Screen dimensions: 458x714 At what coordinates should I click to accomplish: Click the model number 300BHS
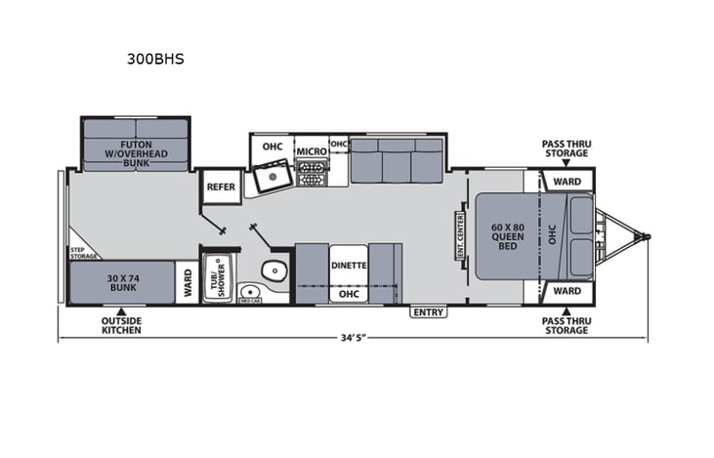tap(155, 59)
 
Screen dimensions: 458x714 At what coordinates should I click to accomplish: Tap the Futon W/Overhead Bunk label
tap(136, 154)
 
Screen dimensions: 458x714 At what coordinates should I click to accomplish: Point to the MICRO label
tap(311, 151)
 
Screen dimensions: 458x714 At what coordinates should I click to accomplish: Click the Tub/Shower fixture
tap(216, 278)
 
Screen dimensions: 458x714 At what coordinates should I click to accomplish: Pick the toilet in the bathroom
tap(274, 271)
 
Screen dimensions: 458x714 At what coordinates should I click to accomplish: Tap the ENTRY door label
tap(428, 312)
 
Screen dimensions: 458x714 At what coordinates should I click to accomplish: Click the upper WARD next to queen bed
tap(567, 182)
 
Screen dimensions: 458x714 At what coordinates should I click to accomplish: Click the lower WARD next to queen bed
tap(567, 291)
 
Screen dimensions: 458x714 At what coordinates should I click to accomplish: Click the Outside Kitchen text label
tap(121, 325)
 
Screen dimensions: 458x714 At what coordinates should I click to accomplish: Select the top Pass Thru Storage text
tap(566, 148)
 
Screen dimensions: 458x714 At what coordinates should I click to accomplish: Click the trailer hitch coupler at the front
tap(642, 235)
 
